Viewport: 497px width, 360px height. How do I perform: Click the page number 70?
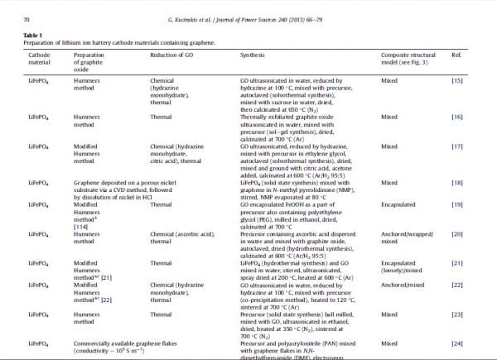tap(26, 17)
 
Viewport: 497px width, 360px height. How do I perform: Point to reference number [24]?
tap(456, 343)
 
